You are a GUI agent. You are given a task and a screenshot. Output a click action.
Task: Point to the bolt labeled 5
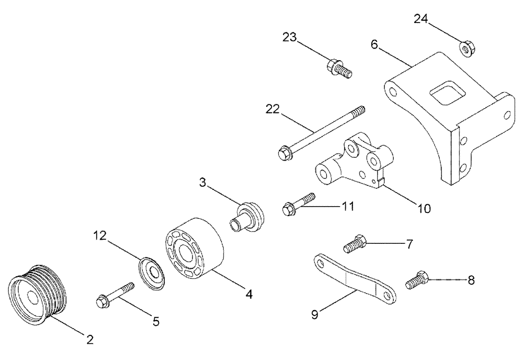[115, 294]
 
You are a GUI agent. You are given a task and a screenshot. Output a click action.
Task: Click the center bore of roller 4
[185, 252]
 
